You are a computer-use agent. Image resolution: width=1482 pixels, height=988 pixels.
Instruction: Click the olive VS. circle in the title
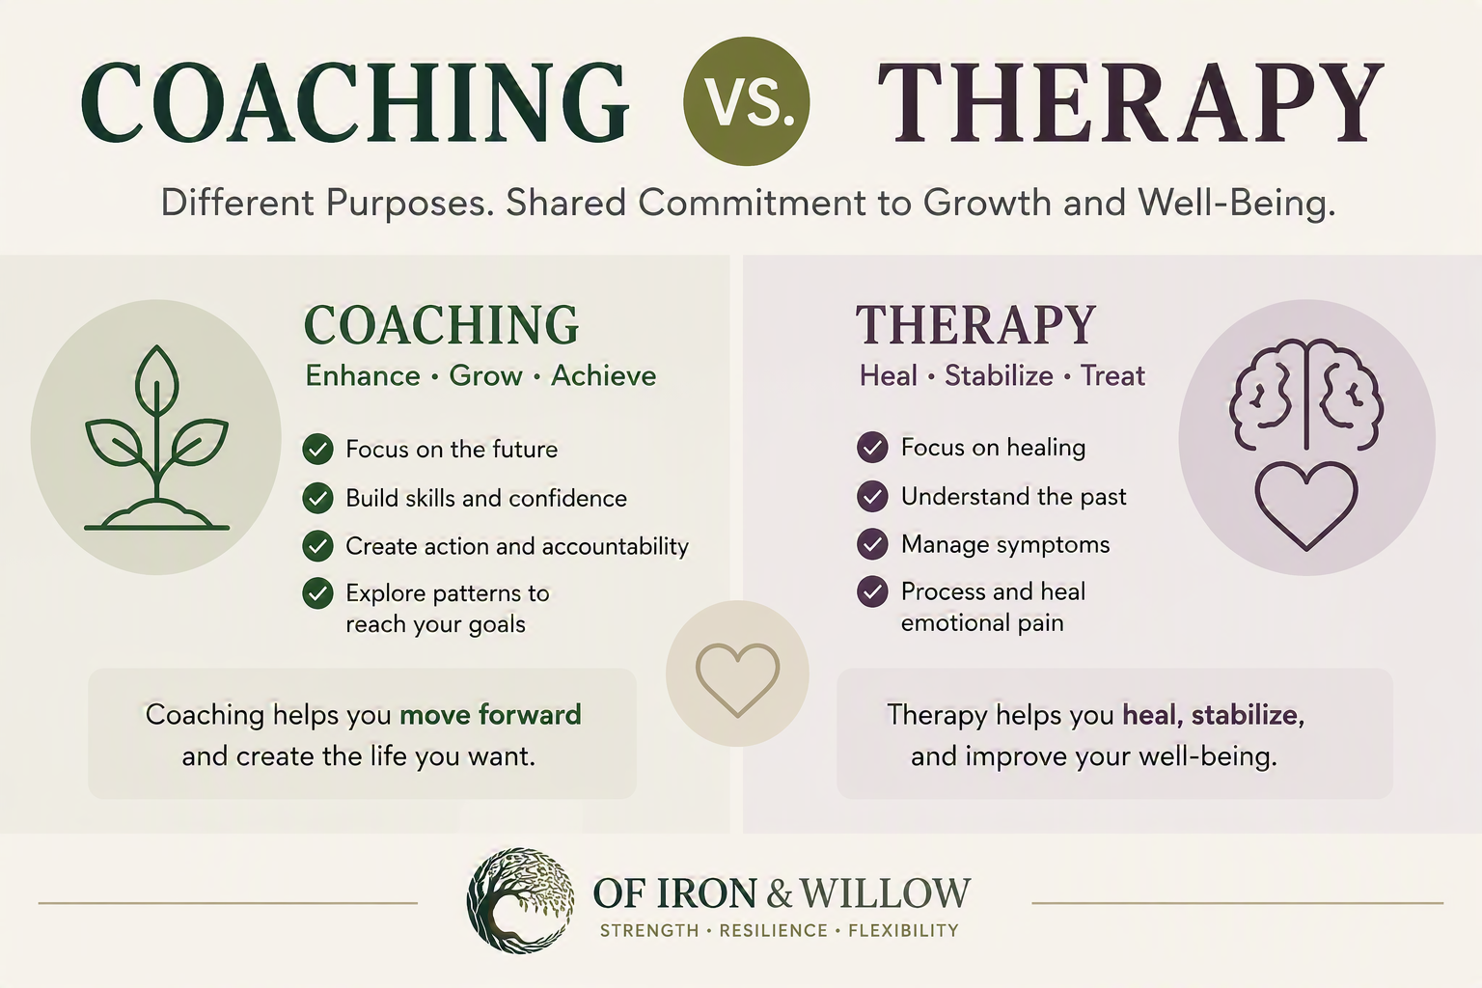pos(746,101)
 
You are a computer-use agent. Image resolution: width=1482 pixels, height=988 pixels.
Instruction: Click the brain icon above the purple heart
pos(1306,395)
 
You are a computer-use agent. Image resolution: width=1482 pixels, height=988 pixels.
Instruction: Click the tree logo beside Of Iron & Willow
pos(520,900)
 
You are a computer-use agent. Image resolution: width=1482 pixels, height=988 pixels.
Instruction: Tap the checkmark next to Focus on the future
pos(317,450)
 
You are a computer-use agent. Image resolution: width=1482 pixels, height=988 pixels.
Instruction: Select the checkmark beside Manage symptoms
pos(872,544)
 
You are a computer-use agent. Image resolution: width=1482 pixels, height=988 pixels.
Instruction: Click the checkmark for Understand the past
pos(872,496)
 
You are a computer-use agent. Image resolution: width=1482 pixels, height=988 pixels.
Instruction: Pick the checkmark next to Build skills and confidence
pos(317,498)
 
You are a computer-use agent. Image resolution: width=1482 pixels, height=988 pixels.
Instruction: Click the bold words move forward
pos(490,715)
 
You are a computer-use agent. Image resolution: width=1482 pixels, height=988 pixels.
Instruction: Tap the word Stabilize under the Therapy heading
pos(999,376)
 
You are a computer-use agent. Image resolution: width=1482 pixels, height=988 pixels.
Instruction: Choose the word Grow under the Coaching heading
pos(485,376)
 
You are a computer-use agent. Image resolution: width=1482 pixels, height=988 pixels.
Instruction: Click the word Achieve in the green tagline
pos(603,376)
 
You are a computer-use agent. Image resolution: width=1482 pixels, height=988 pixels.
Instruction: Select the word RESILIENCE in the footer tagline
pos(774,931)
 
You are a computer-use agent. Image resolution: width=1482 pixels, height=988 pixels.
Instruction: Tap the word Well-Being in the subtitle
pos(1236,203)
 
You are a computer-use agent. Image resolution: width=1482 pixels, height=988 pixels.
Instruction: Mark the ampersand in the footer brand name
pos(780,893)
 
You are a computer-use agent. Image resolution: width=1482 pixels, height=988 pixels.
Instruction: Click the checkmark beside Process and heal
pos(872,591)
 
